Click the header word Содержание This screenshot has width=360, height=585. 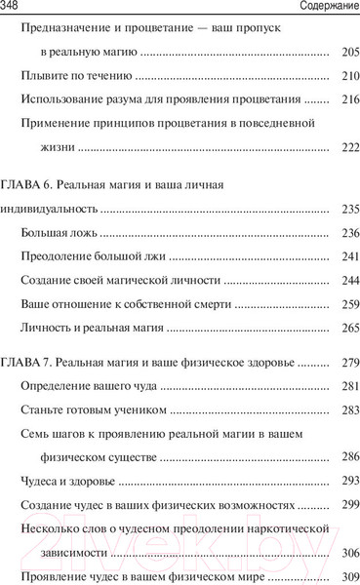point(322,8)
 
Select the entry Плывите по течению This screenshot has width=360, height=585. point(75,74)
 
